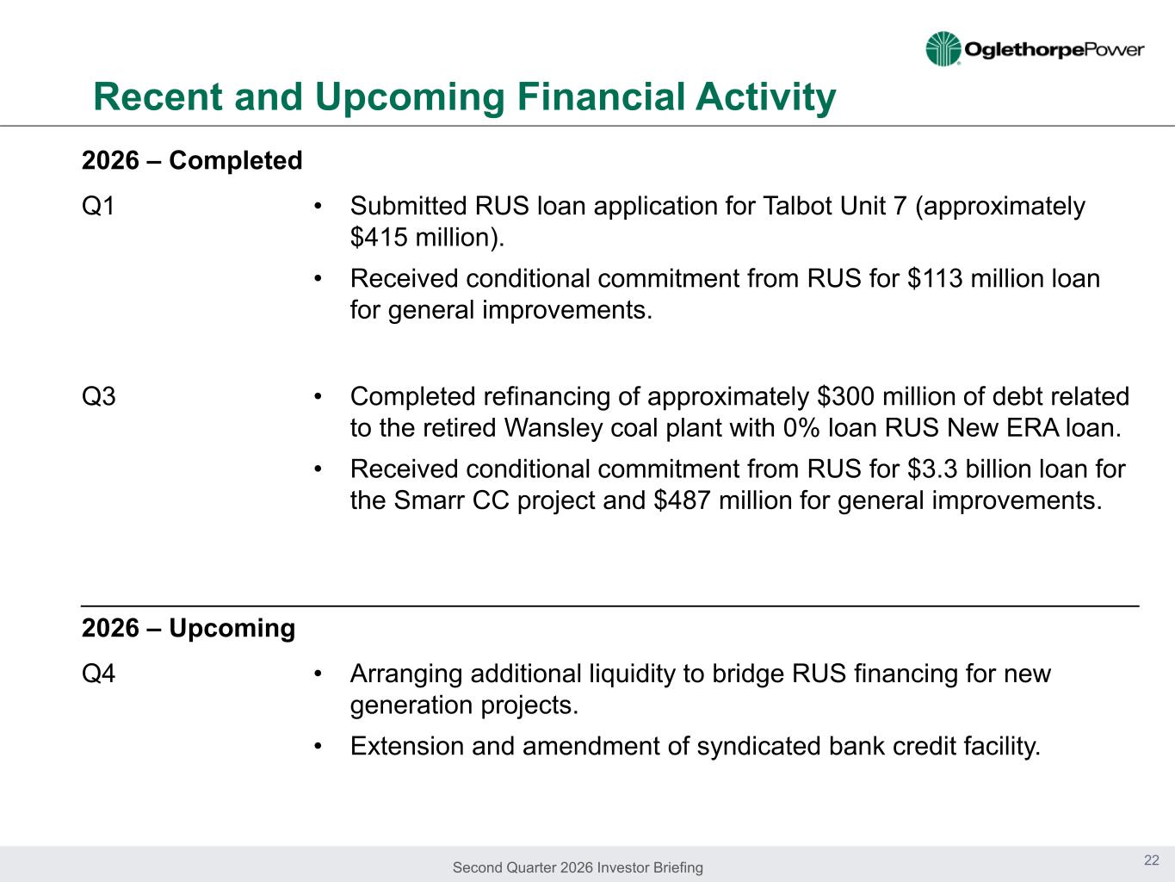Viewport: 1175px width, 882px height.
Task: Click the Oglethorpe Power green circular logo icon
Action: click(943, 49)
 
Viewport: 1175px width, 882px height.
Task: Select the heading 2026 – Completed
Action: click(192, 160)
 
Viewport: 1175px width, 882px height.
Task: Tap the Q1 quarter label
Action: click(98, 206)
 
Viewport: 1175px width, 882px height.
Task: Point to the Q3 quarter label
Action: click(98, 396)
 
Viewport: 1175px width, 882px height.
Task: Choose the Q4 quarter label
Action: click(98, 674)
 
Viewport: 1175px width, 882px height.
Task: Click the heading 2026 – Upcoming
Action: click(189, 628)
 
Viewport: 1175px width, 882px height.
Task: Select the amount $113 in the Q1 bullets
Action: click(935, 278)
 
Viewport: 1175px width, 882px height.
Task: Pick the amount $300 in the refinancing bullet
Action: click(846, 397)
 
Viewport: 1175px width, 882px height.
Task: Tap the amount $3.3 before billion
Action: click(932, 469)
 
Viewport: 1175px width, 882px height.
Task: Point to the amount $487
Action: click(682, 500)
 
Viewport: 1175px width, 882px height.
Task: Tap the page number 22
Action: click(1152, 860)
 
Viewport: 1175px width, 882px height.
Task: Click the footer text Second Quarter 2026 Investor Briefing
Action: click(578, 867)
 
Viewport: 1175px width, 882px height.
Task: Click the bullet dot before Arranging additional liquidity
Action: click(318, 674)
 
